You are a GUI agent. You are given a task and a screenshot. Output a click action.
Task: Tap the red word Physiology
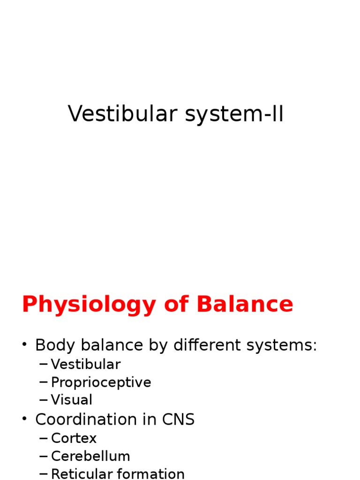point(89,305)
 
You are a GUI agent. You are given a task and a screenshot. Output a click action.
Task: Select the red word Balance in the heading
point(245,305)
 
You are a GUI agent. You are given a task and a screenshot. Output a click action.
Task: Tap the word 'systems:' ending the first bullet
point(281,345)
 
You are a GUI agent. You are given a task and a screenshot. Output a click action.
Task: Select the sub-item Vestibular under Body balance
point(86,364)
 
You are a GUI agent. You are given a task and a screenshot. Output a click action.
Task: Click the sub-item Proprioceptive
point(101,382)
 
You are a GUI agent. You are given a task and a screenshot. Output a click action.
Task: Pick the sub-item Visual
point(72,400)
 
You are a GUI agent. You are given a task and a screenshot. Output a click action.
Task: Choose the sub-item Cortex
point(74,438)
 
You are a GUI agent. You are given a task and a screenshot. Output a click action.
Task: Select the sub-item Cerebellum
point(90,456)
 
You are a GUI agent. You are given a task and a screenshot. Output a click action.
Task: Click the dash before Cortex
point(44,438)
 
